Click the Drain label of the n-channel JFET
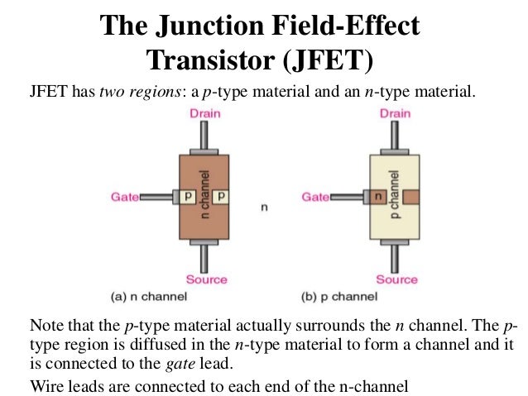tap(204, 113)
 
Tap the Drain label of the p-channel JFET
tap(395, 113)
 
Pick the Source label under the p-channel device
tap(396, 279)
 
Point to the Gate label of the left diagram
tap(125, 198)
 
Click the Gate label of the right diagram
tap(317, 198)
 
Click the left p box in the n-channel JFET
tap(188, 198)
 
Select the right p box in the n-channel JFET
tap(221, 198)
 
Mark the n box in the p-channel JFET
tap(378, 198)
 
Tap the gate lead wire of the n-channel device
tap(156, 198)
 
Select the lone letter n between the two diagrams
tap(264, 208)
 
